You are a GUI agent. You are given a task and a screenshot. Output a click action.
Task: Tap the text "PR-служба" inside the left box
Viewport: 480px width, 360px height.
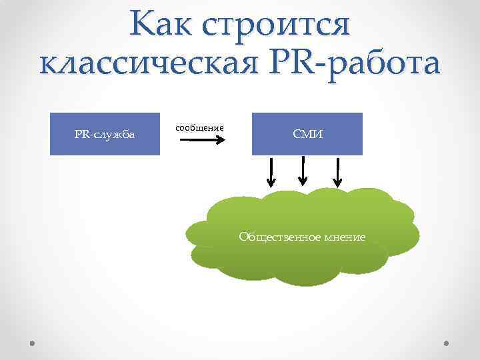pos(105,135)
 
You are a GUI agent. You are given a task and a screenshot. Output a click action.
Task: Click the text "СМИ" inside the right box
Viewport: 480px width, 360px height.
pos(307,135)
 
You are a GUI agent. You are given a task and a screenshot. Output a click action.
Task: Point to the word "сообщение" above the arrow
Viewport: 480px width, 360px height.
pos(199,127)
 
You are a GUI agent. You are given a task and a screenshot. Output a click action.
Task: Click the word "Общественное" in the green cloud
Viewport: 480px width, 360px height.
pos(277,237)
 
